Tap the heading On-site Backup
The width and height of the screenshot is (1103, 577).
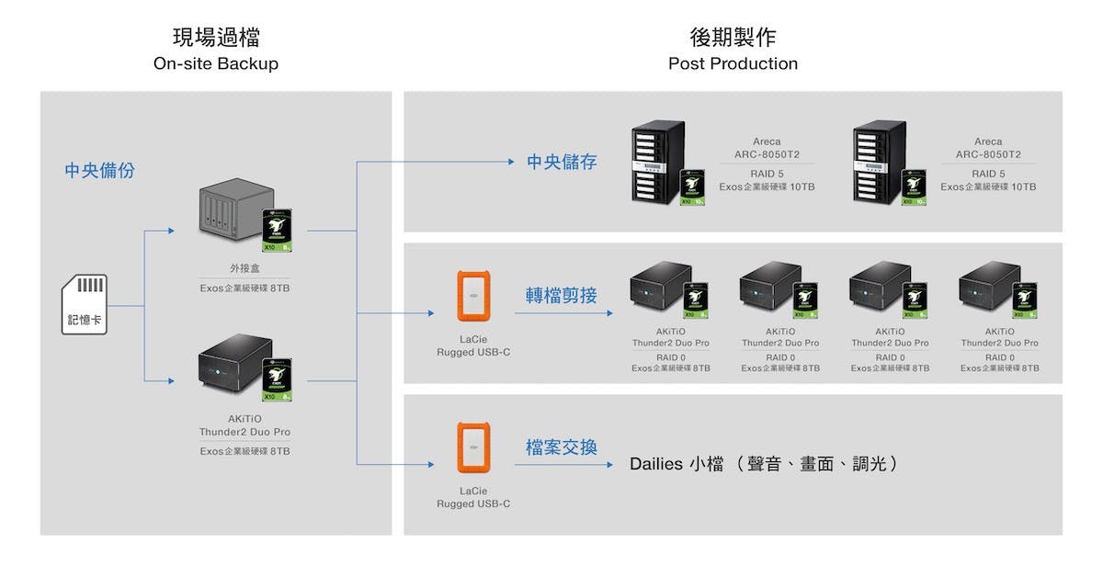point(216,63)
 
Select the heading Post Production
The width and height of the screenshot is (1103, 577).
point(733,63)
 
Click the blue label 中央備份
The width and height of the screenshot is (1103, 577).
point(99,170)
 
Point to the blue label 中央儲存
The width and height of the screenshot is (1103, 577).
point(562,163)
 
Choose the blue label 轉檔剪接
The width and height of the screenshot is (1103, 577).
point(562,296)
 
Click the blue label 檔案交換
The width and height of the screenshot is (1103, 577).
point(562,447)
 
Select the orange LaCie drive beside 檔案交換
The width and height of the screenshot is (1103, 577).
point(473,447)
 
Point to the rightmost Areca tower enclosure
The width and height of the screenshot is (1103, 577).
point(880,164)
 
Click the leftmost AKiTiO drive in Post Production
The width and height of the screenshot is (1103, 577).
point(660,288)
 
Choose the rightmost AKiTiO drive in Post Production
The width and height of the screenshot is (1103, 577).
point(989,288)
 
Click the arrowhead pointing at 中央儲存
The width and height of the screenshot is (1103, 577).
point(511,163)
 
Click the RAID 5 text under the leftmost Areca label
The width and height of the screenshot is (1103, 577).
point(767,174)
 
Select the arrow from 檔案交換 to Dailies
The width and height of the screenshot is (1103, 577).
point(563,465)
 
